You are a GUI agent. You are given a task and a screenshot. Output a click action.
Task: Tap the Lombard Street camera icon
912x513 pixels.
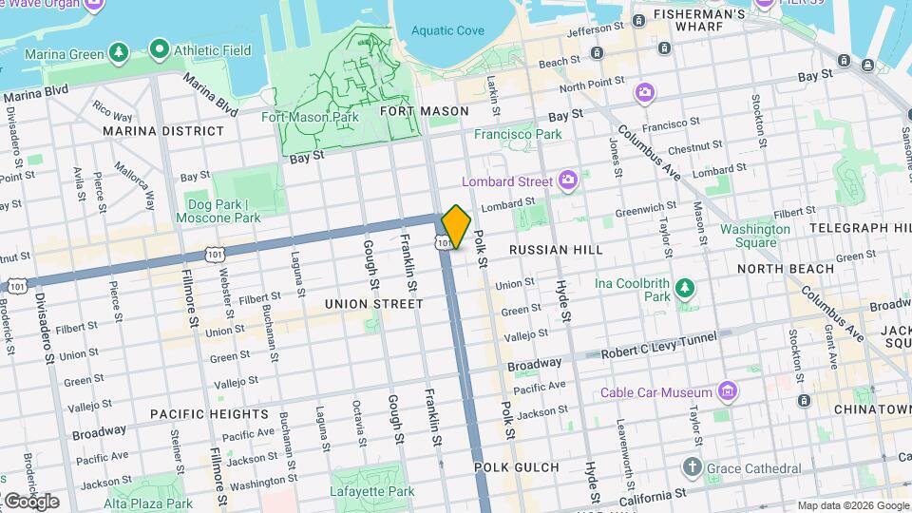click(x=568, y=180)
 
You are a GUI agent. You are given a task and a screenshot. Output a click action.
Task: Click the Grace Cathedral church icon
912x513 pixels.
click(x=693, y=467)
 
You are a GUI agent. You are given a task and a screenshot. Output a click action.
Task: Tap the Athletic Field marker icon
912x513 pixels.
click(x=159, y=47)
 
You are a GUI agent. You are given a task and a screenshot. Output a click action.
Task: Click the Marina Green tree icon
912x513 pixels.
click(x=119, y=53)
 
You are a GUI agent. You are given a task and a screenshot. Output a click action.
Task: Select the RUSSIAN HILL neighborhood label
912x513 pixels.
click(x=556, y=250)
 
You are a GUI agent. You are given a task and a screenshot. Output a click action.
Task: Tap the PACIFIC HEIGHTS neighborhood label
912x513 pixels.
click(x=209, y=414)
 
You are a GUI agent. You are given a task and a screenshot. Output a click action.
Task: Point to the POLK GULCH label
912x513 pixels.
click(x=506, y=467)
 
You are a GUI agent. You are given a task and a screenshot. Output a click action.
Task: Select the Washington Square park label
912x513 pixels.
click(x=754, y=235)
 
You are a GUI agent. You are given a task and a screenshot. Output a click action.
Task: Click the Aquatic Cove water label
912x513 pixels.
click(x=447, y=31)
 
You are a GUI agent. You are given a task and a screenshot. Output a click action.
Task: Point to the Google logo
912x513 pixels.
click(x=30, y=501)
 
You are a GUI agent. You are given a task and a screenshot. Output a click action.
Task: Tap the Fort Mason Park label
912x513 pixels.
click(x=310, y=118)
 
